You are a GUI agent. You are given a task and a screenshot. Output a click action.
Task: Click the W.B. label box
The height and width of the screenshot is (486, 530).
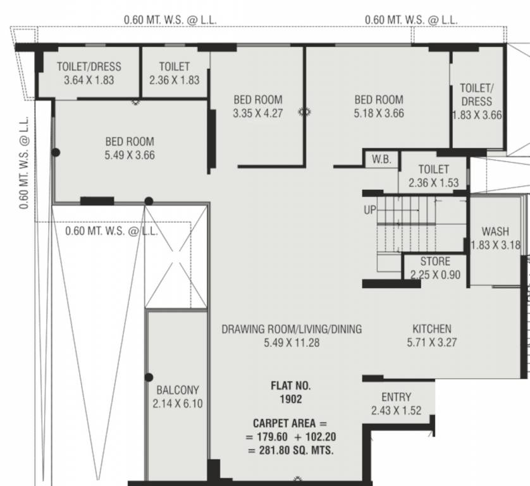click(x=381, y=160)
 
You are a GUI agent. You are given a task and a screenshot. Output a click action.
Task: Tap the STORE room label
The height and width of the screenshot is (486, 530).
click(x=435, y=261)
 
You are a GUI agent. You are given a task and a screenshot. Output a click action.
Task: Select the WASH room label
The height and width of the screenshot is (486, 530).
click(x=495, y=232)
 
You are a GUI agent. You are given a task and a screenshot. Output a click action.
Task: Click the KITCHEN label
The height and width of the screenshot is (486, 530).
click(x=432, y=329)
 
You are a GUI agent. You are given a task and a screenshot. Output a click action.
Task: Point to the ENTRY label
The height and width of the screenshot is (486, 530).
click(x=396, y=397)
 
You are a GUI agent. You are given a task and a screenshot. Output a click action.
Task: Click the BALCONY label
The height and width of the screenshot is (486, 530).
click(x=178, y=390)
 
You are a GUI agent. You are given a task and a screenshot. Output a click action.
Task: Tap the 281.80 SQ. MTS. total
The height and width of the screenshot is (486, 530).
click(x=291, y=451)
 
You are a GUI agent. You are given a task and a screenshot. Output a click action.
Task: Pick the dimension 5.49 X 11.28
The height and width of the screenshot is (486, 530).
click(x=292, y=343)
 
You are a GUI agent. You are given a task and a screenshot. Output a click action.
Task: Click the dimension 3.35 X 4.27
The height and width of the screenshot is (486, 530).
click(x=257, y=114)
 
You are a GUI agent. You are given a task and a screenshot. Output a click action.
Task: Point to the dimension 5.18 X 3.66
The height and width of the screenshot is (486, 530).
click(x=378, y=114)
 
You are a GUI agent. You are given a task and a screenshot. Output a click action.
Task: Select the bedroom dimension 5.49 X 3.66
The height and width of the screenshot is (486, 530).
click(x=130, y=155)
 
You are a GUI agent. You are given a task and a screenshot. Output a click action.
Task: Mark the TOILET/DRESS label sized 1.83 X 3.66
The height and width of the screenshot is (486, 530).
click(x=476, y=101)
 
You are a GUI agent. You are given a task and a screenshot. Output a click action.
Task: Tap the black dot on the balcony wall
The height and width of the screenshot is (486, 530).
click(x=149, y=377)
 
